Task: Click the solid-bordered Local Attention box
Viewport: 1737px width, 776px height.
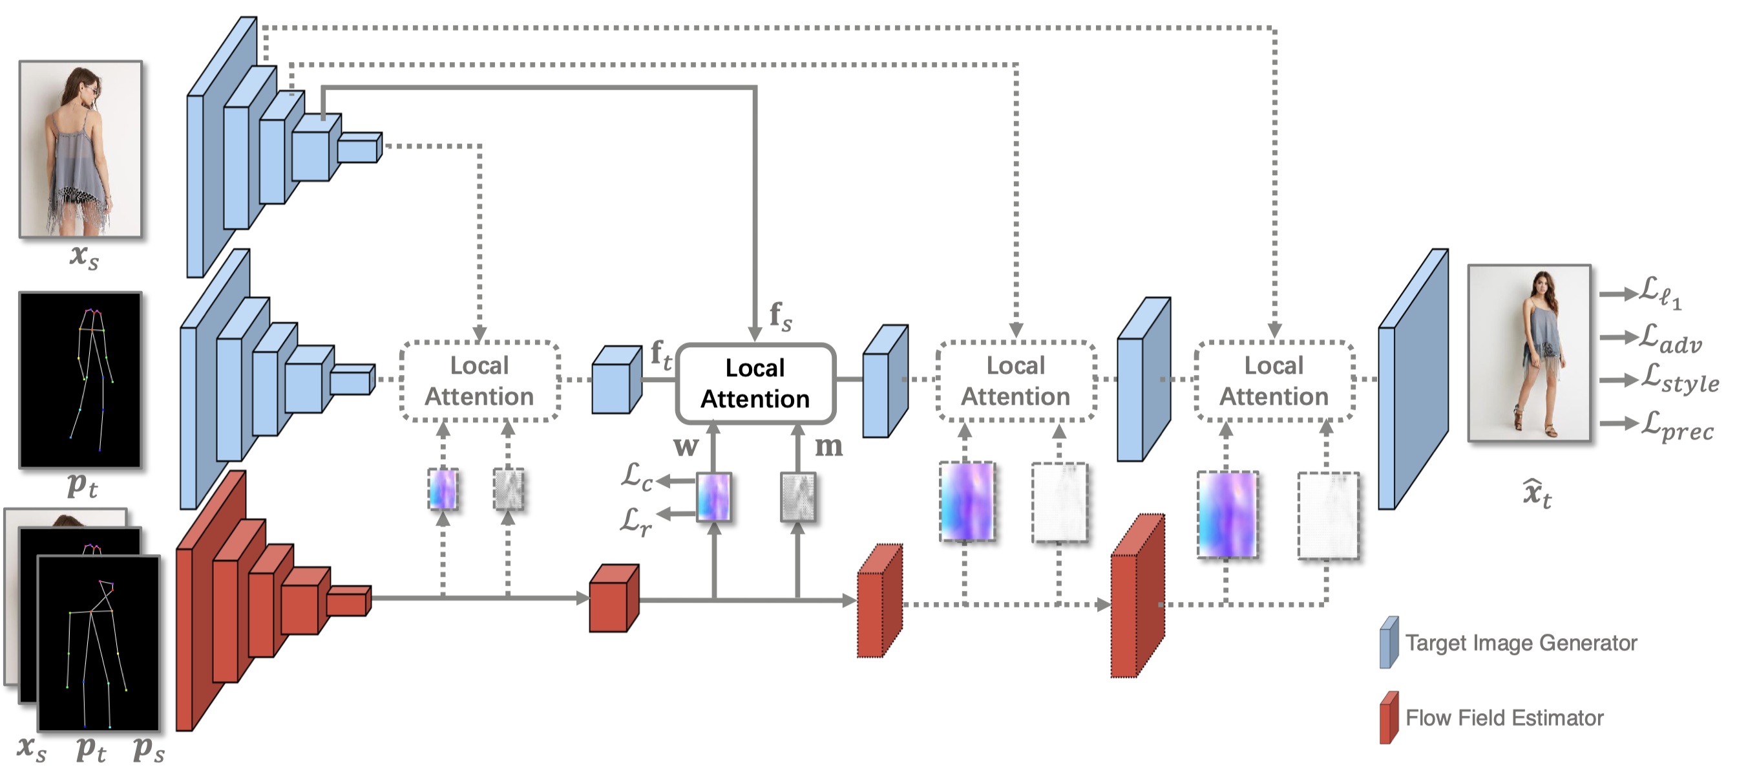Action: click(755, 383)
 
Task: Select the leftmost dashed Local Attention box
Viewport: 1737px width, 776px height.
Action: click(479, 382)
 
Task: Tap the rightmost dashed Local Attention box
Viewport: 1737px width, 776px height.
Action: click(1274, 382)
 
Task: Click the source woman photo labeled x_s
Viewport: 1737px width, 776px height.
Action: click(81, 150)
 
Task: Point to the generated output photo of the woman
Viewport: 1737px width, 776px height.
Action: click(1529, 353)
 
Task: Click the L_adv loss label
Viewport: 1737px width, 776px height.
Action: click(1670, 338)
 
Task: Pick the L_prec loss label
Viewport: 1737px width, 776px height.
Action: click(1676, 426)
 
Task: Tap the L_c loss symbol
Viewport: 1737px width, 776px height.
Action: click(636, 477)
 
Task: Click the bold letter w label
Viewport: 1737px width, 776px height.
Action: click(686, 447)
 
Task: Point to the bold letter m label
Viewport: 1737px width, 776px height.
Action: click(828, 447)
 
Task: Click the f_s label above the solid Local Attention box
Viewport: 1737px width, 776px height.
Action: click(780, 316)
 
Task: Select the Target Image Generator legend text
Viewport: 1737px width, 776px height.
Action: click(1521, 642)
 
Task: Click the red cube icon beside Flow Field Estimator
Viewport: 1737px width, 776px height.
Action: click(1389, 717)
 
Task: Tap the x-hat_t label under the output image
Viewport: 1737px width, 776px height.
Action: click(1537, 493)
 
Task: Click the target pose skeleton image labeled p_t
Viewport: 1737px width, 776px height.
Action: click(81, 380)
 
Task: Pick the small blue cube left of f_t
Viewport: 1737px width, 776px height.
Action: click(615, 381)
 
